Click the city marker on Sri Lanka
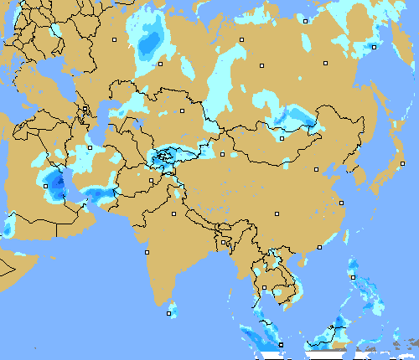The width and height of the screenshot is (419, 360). (169, 314)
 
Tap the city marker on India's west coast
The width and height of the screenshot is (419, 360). (147, 252)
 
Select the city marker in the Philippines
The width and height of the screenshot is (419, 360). (353, 277)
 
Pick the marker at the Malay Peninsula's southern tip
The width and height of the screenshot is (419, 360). (281, 344)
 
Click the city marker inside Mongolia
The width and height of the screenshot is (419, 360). (282, 138)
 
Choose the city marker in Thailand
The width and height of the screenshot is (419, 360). (264, 288)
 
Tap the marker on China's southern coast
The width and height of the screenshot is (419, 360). (319, 247)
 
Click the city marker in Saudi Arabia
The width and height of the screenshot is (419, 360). (39, 193)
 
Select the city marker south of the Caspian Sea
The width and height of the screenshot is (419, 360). (91, 148)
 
